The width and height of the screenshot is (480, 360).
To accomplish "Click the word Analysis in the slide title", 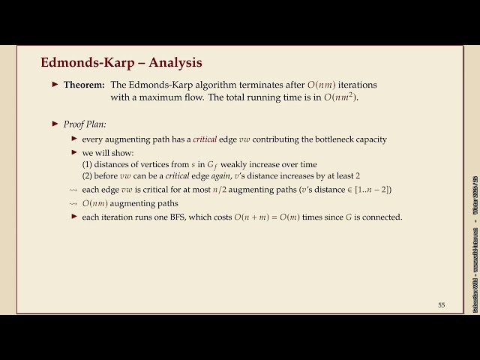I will point(175,61).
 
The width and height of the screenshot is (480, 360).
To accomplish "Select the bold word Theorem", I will point(84,85).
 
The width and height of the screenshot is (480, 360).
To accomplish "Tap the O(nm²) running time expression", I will point(342,97).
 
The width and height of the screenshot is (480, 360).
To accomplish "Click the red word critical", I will point(204,139).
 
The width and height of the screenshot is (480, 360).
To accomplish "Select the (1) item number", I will point(87,164).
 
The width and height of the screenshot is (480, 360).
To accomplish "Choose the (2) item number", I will point(87,176).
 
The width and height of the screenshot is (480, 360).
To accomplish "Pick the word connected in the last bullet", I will point(383,217).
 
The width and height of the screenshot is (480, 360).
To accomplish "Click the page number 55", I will point(441,304).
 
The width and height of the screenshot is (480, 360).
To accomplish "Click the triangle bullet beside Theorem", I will point(55,85).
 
